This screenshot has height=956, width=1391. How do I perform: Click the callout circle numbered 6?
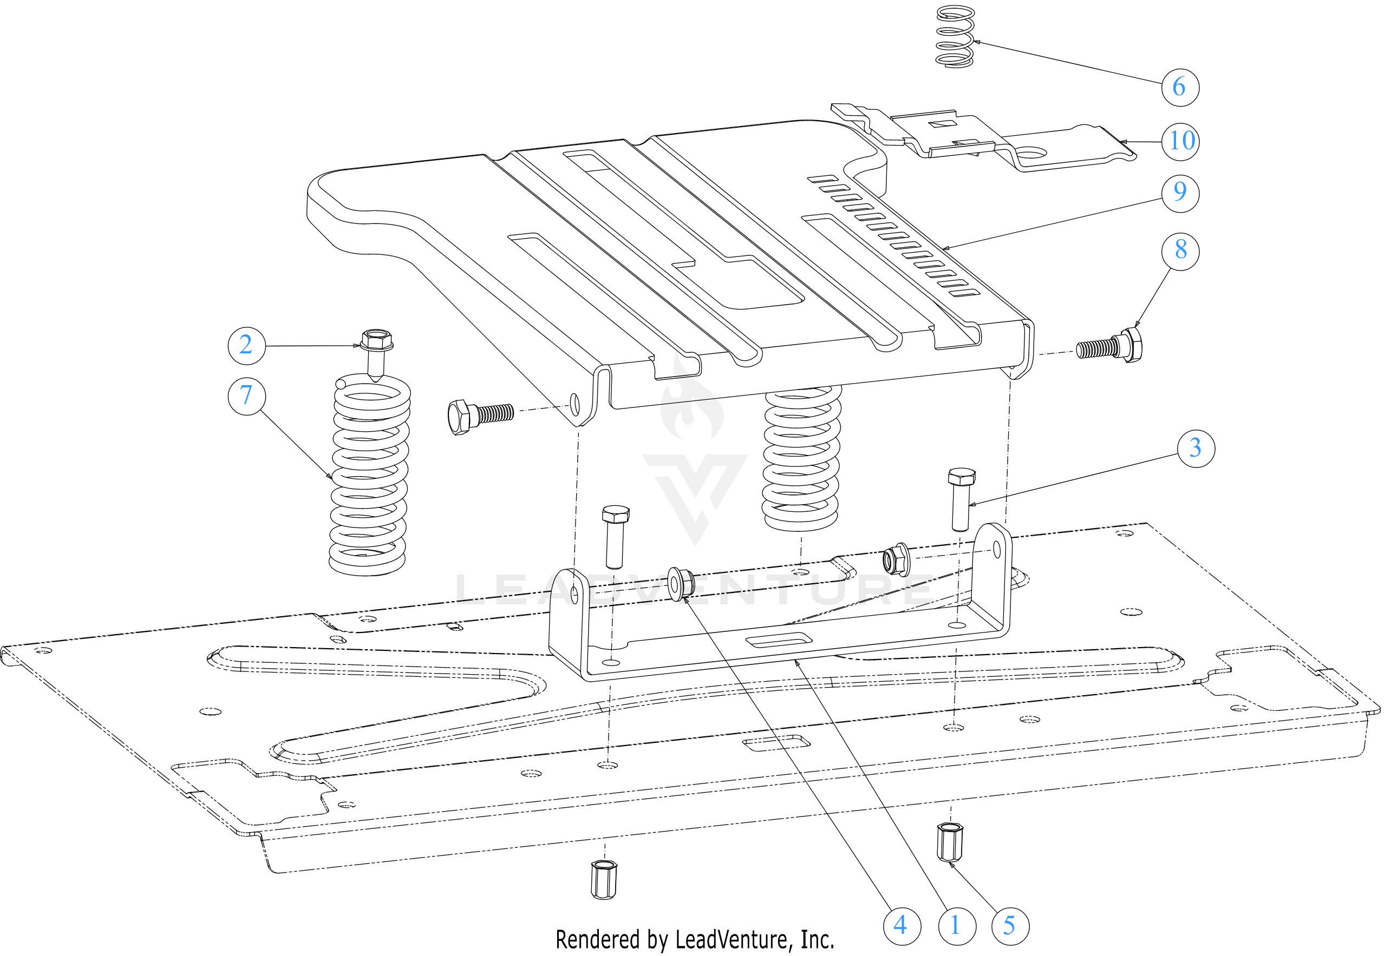point(1179,87)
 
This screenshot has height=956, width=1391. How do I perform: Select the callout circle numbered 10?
point(1180,141)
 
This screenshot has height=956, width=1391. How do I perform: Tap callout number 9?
point(1179,192)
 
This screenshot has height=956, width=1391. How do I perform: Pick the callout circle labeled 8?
point(1180,250)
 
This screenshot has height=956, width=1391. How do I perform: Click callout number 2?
point(246,346)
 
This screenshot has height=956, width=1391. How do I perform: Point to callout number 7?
point(246,396)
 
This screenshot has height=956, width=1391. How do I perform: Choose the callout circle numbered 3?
point(1195,448)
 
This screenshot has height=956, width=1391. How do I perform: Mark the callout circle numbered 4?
point(902,926)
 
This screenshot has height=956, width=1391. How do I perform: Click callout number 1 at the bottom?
point(957,926)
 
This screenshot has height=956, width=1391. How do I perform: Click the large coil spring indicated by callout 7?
point(369,476)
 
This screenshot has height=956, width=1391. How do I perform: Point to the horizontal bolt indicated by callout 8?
point(1110,347)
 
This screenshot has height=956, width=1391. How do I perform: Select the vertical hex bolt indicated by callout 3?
point(961,499)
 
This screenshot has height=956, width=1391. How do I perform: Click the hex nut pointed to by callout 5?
point(950,842)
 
